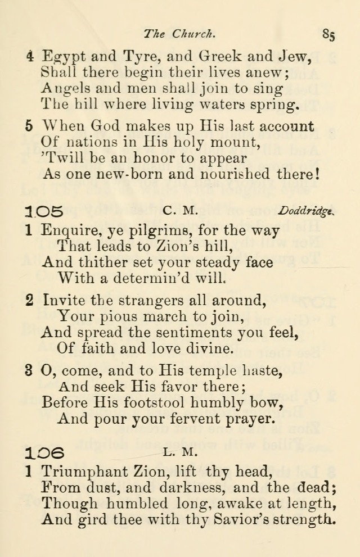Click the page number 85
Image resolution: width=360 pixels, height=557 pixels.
(x=329, y=35)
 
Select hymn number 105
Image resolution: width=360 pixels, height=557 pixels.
(x=44, y=211)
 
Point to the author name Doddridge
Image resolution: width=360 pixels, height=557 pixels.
(x=305, y=211)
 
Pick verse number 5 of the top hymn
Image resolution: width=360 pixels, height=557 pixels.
(x=29, y=127)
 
